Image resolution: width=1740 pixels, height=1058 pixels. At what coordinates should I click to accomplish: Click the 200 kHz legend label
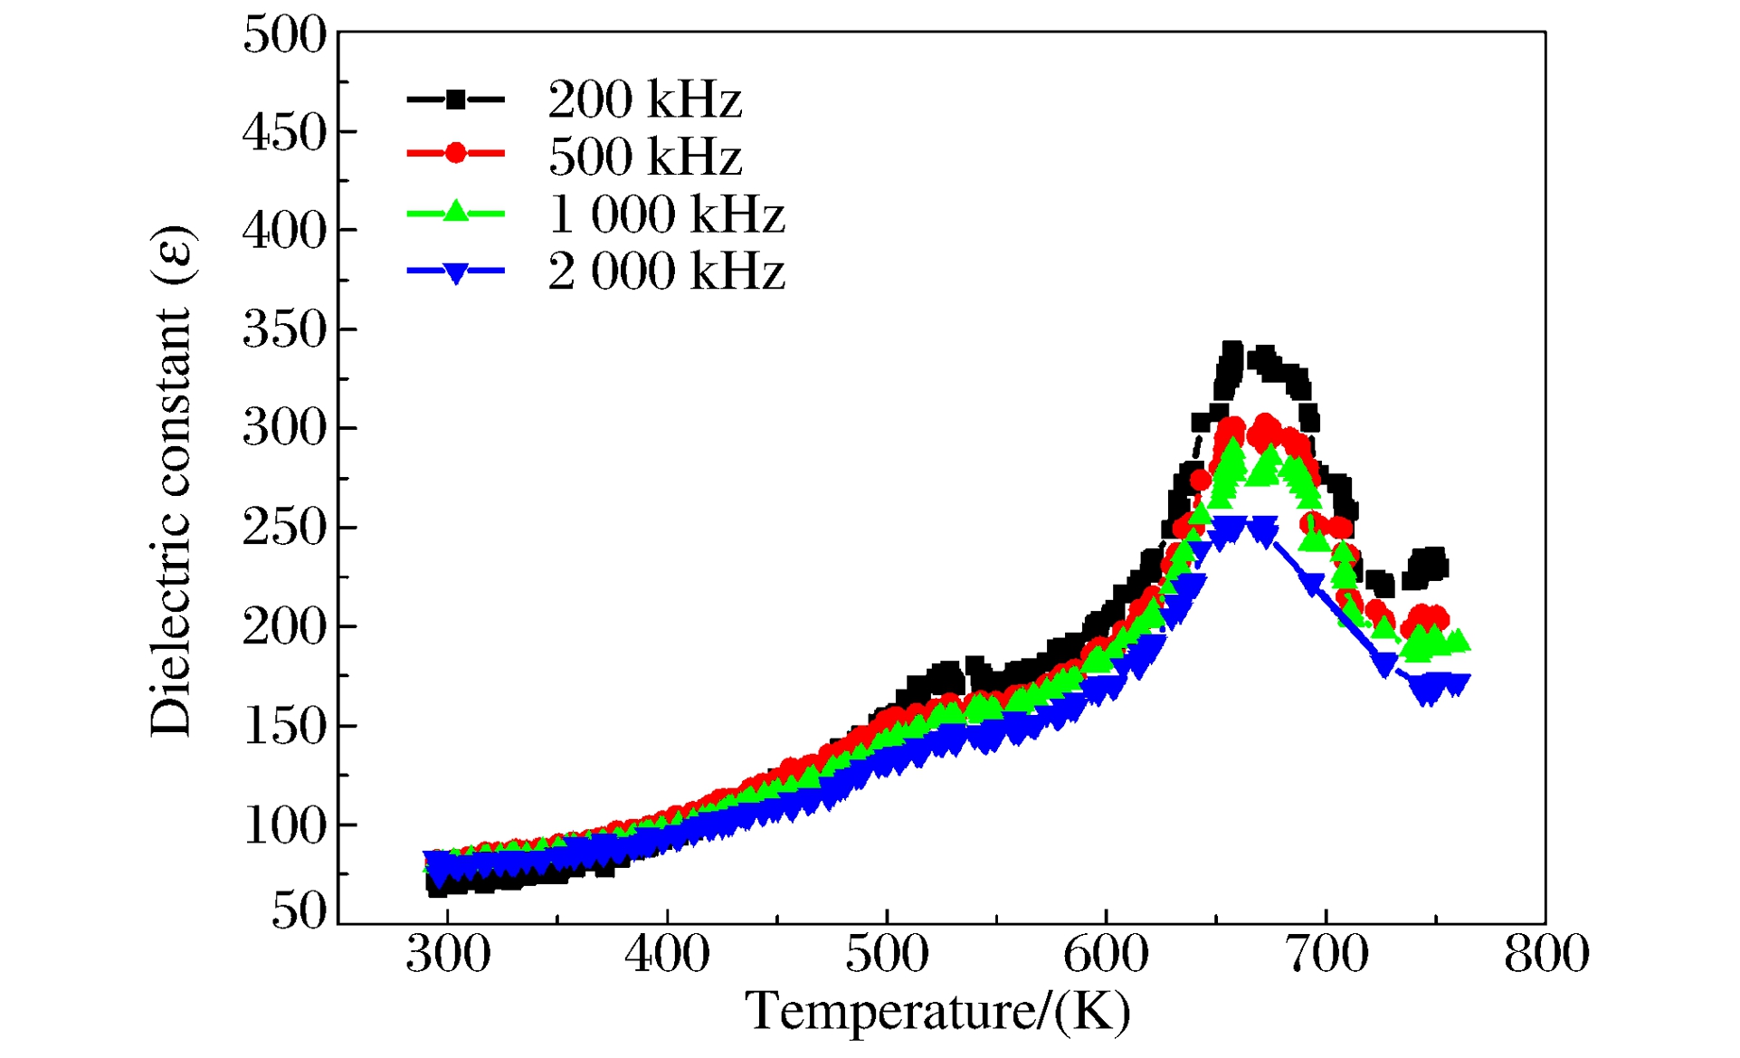(644, 100)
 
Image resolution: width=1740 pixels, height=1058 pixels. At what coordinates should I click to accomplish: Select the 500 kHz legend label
(644, 157)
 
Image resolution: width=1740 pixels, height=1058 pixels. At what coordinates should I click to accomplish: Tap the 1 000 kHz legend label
(666, 214)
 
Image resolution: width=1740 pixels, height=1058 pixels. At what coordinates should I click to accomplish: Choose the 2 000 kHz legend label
(666, 272)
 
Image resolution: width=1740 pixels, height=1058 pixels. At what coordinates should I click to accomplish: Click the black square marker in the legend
(456, 100)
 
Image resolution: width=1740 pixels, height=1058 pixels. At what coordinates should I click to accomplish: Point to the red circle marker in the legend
(456, 153)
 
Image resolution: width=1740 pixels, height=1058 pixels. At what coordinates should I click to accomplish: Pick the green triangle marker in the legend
(456, 212)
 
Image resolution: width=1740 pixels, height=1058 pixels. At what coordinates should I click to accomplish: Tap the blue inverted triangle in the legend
(456, 272)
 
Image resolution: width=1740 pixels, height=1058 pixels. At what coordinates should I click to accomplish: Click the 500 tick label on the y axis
(284, 36)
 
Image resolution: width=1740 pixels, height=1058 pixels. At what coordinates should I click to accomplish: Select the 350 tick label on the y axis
(284, 330)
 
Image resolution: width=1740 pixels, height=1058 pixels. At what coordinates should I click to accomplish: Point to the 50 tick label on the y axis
(299, 910)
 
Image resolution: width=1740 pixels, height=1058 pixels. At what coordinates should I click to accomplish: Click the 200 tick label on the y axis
(284, 626)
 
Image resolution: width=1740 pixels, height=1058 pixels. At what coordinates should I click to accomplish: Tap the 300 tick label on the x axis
(448, 955)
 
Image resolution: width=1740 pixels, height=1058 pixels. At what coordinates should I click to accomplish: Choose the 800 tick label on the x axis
(1545, 955)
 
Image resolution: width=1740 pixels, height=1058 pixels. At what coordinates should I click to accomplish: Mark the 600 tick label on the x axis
(1106, 955)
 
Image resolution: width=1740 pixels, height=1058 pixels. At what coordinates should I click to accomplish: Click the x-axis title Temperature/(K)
(937, 1012)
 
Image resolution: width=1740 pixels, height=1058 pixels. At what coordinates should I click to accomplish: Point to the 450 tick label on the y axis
(284, 134)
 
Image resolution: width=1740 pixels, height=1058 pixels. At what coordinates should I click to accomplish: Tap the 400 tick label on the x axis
(667, 955)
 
